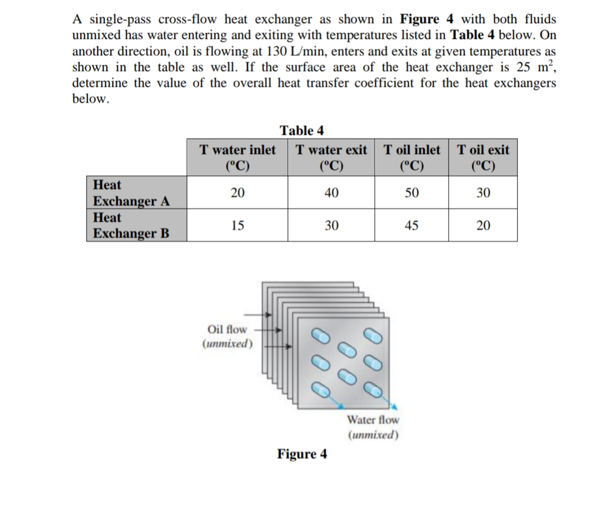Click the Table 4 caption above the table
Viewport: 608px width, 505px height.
click(301, 131)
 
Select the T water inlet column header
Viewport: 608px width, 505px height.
click(238, 157)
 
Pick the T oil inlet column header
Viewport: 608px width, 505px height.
click(411, 157)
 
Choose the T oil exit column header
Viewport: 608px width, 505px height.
click(483, 157)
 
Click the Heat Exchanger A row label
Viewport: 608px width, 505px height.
click(131, 193)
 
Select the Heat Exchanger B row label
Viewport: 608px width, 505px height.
click(131, 225)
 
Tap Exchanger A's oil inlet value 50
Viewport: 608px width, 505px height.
click(411, 193)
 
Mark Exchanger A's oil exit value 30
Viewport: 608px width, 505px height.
click(483, 193)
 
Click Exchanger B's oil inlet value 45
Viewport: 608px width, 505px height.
click(411, 226)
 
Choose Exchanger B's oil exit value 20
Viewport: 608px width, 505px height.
click(483, 226)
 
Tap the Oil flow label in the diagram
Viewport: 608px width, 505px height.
click(227, 329)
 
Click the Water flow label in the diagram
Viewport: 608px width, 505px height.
click(373, 420)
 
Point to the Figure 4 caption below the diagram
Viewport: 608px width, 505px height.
click(301, 454)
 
